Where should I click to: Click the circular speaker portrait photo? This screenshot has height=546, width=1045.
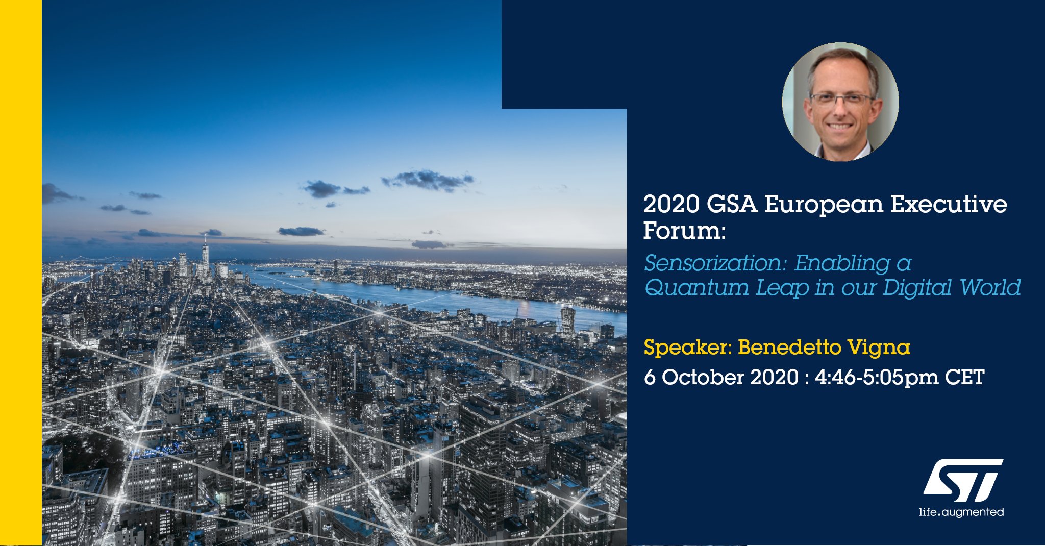840,102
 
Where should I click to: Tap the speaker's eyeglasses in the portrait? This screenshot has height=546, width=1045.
841,99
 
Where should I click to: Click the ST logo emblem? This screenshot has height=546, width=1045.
963,480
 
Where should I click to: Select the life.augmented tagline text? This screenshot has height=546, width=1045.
961,512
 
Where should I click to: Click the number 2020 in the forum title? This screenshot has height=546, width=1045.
671,204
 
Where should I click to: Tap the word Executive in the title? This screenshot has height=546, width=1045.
949,204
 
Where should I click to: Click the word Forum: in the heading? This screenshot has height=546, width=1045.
684,231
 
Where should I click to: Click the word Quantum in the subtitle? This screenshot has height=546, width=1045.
696,288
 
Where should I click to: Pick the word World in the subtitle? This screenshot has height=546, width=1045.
990,288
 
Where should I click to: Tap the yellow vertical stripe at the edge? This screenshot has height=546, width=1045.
21,273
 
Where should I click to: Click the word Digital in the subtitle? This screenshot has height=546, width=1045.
917,288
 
